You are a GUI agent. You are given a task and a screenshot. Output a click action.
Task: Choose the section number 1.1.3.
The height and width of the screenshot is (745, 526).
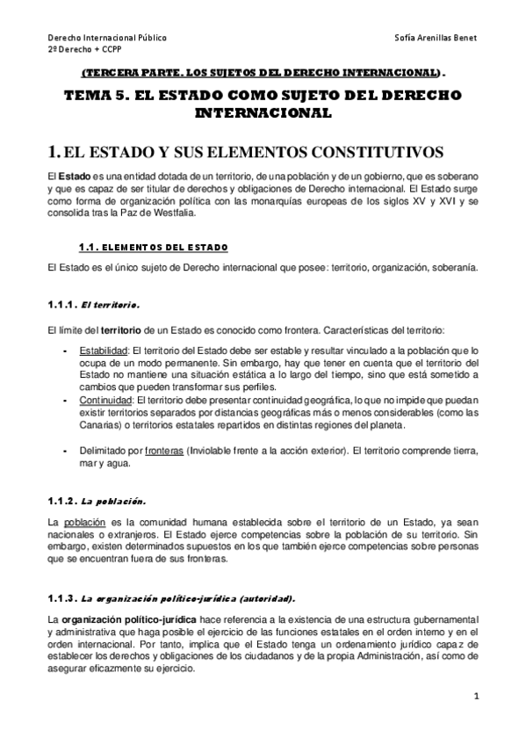pos(61,597)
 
